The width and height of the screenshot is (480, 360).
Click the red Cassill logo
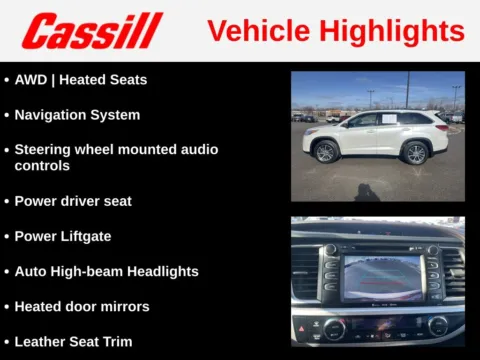[x=92, y=30]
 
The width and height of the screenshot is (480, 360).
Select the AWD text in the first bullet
[x=33, y=80]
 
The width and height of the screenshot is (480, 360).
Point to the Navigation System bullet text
[x=77, y=115]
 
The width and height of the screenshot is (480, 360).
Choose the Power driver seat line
[x=73, y=201]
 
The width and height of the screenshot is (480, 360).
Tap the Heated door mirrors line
[x=82, y=306]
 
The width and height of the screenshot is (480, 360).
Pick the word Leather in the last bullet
[x=41, y=341]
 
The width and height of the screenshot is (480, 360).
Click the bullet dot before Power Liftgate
[x=7, y=237]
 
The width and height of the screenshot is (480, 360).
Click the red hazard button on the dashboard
[x=378, y=306]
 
